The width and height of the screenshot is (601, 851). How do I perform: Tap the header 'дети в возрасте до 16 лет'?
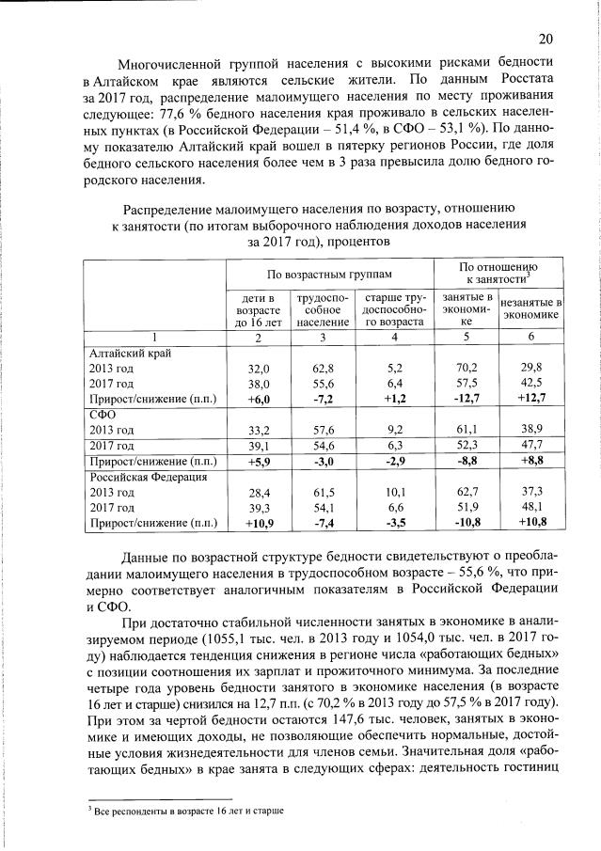pos(259,309)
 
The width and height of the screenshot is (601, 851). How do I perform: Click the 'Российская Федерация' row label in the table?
pos(145,477)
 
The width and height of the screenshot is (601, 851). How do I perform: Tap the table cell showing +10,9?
pos(259,522)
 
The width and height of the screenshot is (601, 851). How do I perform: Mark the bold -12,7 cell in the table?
pos(467,399)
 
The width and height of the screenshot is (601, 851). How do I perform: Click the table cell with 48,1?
pos(532,507)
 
